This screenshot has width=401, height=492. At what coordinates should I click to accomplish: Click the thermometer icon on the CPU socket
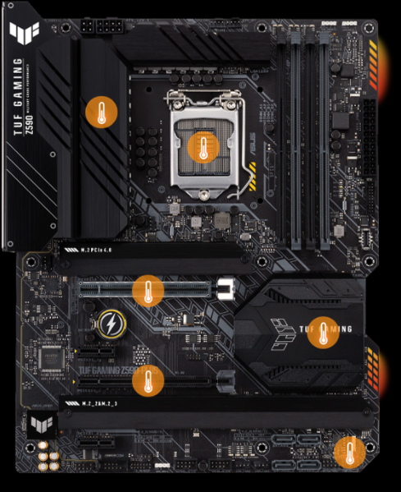(x=201, y=147)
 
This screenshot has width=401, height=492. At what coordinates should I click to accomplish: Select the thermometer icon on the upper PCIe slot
(x=148, y=289)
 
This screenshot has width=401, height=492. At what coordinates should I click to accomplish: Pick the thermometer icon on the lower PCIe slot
(x=148, y=379)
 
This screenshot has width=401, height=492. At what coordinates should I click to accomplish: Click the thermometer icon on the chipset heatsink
(x=322, y=331)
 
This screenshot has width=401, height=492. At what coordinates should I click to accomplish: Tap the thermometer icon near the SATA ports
(x=351, y=451)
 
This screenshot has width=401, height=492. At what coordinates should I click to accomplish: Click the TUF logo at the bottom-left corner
(x=36, y=425)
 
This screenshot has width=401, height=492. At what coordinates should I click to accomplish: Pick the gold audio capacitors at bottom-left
(x=48, y=456)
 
